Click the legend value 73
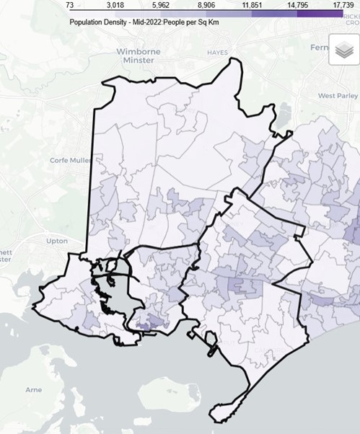tap(70, 5)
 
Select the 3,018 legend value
tap(116, 5)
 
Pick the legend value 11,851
tap(252, 5)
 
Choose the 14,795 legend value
tap(297, 5)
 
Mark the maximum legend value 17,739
tap(343, 5)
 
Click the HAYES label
tap(217, 53)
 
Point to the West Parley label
tap(338, 95)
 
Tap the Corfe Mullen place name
tap(66, 160)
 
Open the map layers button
tap(343, 50)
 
